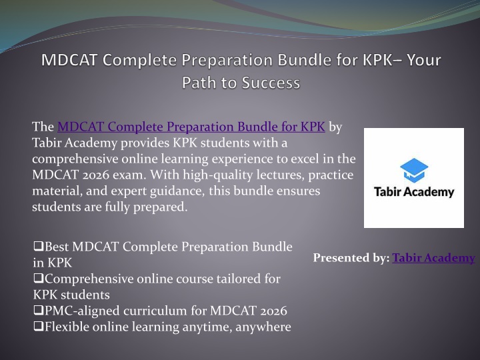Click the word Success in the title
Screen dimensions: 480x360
click(x=271, y=83)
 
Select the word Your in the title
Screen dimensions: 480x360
click(x=424, y=60)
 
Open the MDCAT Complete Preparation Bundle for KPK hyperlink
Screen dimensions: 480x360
click(x=191, y=127)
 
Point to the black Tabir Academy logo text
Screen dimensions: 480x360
click(x=414, y=192)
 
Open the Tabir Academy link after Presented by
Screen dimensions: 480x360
click(x=433, y=258)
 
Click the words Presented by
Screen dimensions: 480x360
click(x=351, y=258)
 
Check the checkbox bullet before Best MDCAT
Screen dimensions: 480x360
click(x=38, y=246)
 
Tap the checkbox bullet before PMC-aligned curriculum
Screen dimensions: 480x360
click(x=38, y=310)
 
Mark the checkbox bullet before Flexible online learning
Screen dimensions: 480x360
click(x=38, y=326)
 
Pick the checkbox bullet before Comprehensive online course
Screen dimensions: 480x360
click(x=38, y=278)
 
